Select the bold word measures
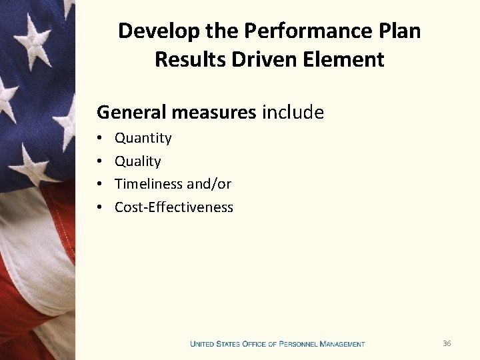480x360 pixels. (213, 112)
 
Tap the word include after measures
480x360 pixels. (293, 112)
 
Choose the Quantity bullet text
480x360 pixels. (143, 138)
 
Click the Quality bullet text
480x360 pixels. (137, 161)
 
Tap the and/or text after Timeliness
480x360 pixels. (210, 184)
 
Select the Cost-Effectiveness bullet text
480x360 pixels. (173, 207)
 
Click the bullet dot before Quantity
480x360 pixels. (99, 139)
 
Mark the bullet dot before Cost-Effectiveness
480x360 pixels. (99, 207)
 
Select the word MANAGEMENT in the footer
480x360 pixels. (342, 344)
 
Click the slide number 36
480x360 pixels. (447, 343)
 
